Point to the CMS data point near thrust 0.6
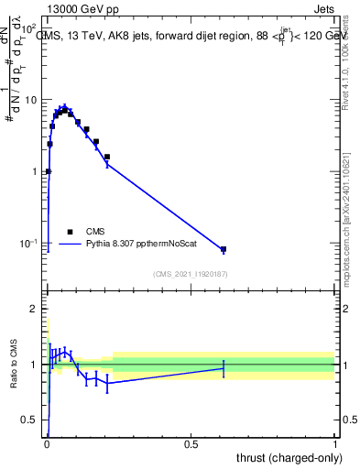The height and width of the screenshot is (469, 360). [224, 249]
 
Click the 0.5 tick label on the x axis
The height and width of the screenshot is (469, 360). [191, 443]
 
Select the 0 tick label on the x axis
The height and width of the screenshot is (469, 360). [48, 443]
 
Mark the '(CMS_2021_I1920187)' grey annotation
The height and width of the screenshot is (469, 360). [191, 274]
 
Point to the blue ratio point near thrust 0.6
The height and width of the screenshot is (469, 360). [224, 368]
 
